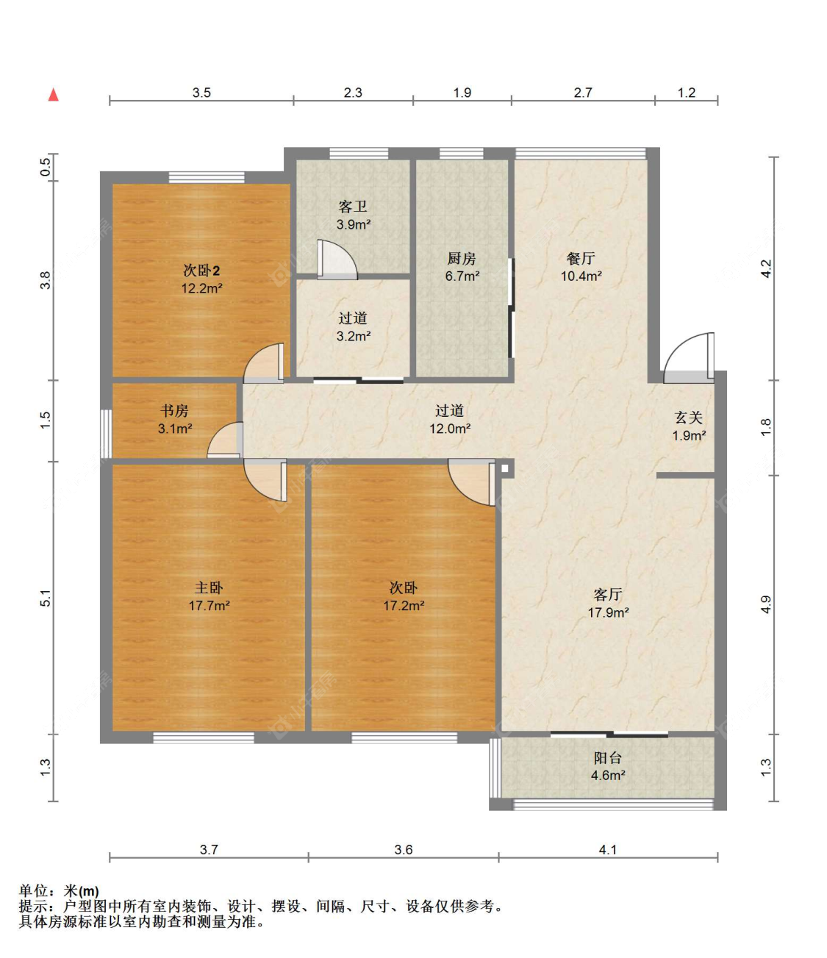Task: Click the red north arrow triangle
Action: click(54, 94)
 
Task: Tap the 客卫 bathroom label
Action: click(353, 207)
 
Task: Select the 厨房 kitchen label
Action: click(462, 258)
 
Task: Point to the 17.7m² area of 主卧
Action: click(209, 605)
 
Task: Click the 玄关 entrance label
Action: click(689, 418)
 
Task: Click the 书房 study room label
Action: click(174, 410)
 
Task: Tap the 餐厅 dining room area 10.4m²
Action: click(581, 276)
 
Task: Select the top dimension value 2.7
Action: click(583, 93)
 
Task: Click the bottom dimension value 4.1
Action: click(607, 849)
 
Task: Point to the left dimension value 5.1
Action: click(46, 598)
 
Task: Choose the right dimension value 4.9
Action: click(766, 604)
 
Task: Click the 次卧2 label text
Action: click(201, 270)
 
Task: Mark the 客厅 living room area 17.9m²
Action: click(608, 612)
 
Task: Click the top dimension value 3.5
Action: click(201, 93)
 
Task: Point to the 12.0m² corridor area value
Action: click(449, 428)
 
